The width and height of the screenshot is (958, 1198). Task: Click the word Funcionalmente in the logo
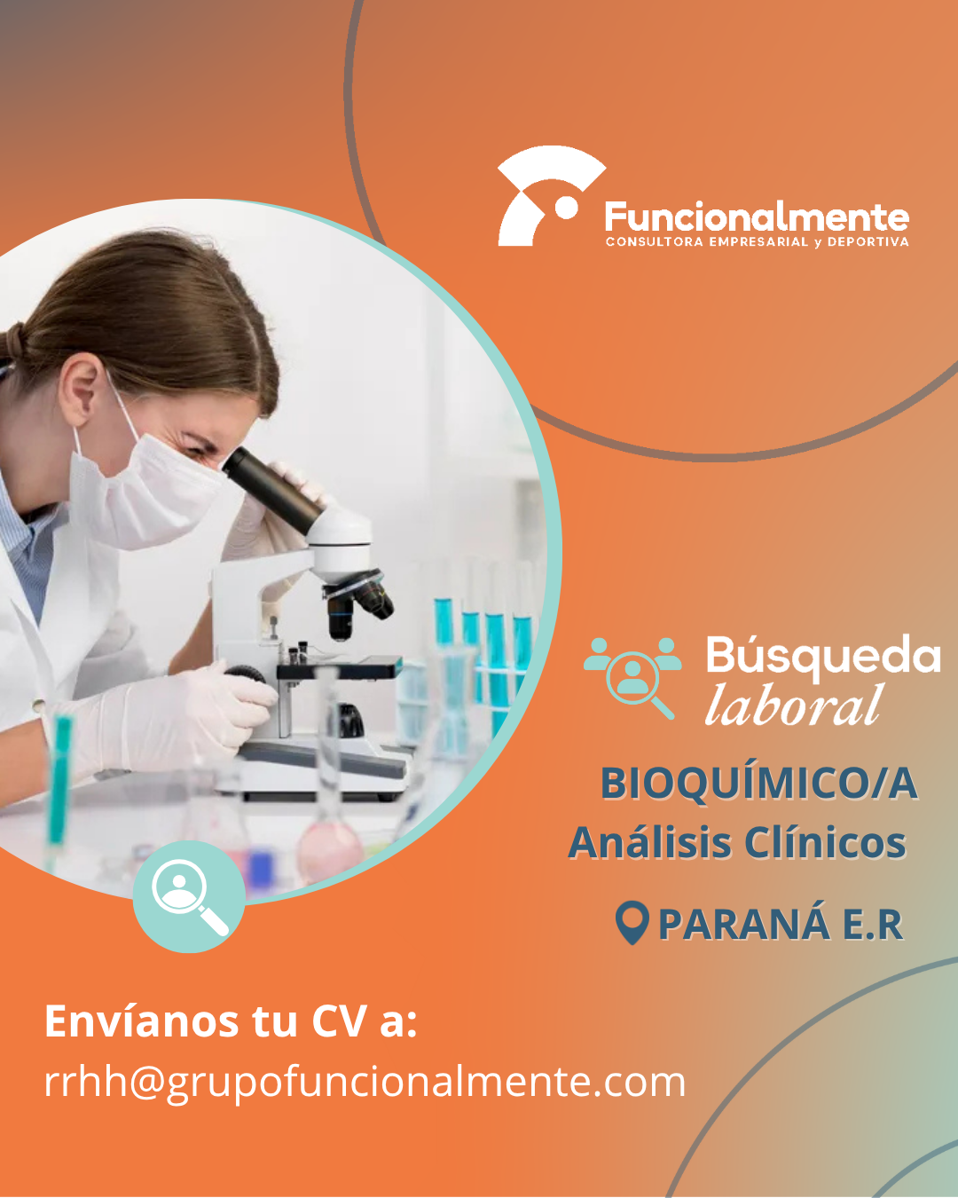[757, 217]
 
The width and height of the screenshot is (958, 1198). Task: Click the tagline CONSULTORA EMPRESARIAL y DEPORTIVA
[757, 242]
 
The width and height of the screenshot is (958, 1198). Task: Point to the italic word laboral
[794, 705]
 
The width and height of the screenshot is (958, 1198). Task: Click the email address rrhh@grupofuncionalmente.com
[365, 1084]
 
